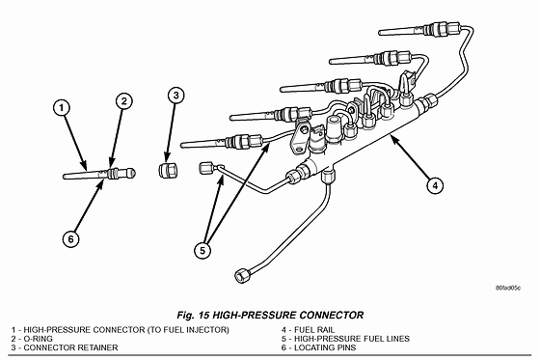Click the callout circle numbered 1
62,108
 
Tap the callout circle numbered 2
124,101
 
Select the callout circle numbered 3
175,96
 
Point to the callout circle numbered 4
435,185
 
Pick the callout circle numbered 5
202,250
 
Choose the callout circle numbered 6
71,238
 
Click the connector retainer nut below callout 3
168,170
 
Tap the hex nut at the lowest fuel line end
242,275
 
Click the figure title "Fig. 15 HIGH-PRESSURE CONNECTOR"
270,316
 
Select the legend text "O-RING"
38,339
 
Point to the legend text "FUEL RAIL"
314,330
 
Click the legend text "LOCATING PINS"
325,347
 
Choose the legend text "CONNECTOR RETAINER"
70,347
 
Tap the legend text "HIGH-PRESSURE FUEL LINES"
352,339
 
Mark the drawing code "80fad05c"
508,288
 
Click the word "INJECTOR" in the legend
207,330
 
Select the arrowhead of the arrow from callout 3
167,157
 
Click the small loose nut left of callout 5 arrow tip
205,168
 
